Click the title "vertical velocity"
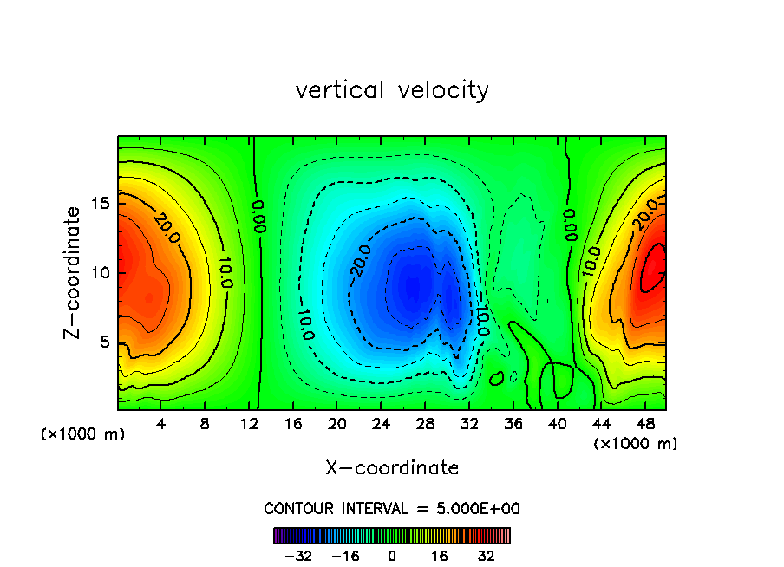coord(392,90)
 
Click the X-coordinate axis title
coord(392,468)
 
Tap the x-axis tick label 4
coord(161,425)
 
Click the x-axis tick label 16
coord(293,425)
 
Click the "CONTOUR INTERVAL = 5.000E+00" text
coord(392,509)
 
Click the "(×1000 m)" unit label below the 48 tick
coord(636,444)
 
